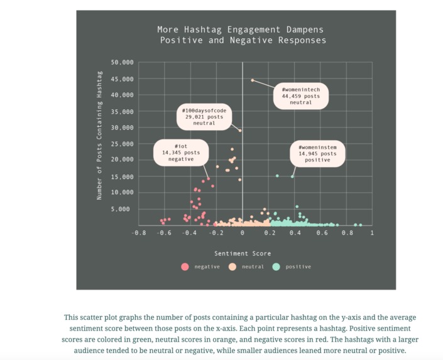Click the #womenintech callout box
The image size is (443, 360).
301,96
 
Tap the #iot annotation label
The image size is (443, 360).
181,153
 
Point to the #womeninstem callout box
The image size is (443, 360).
317,153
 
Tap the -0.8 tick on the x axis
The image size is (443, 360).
139,233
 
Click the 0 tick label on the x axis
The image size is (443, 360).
243,233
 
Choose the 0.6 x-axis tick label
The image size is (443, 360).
321,233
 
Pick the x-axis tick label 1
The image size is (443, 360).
372,233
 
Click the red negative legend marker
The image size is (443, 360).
185,266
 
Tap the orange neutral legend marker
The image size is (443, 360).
232,266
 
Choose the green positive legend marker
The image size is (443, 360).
276,266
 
